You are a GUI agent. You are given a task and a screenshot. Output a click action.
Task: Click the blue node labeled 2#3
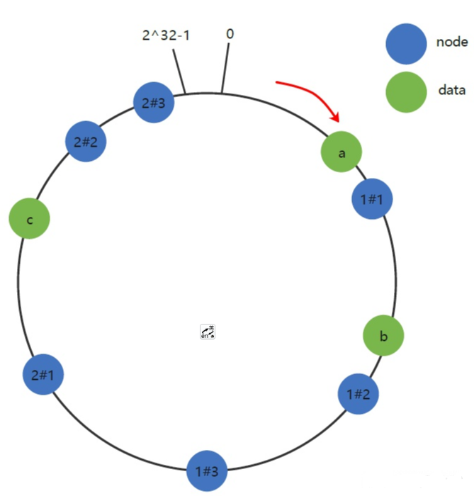click(154, 103)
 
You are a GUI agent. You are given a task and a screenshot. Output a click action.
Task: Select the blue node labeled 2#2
click(85, 142)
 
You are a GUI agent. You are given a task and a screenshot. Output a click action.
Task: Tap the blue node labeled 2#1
click(43, 375)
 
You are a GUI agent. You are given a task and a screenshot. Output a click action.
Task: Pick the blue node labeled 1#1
click(372, 199)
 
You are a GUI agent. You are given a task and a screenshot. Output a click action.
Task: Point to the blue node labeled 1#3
click(207, 470)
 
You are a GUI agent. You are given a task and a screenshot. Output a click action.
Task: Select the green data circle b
click(383, 335)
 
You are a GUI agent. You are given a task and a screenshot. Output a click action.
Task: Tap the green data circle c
click(29, 219)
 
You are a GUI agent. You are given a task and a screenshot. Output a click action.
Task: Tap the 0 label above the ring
click(230, 33)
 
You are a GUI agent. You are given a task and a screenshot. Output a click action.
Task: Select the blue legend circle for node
click(405, 42)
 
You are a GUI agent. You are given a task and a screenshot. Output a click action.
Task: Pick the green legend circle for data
click(405, 91)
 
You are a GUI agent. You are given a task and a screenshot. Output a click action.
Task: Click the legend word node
click(451, 42)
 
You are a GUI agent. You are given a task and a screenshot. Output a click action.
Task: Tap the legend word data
click(451, 90)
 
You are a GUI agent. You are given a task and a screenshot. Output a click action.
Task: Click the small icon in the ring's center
click(208, 332)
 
